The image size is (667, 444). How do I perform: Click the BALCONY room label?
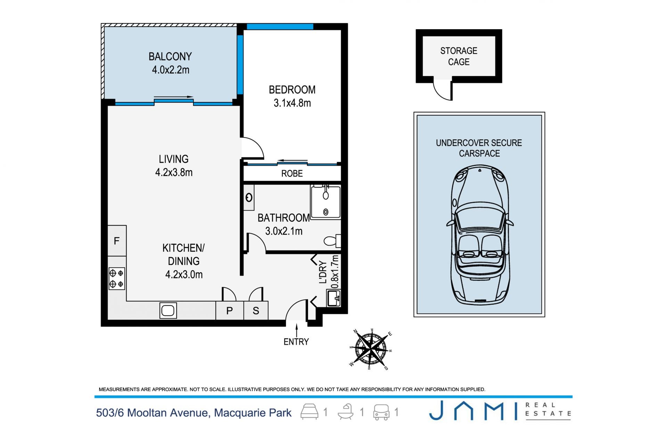click(x=170, y=57)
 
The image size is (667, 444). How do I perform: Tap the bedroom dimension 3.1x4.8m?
click(x=292, y=103)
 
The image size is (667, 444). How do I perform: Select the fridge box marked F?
click(x=117, y=241)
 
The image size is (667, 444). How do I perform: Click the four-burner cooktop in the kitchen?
click(x=117, y=278)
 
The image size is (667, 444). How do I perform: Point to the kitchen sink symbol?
click(x=168, y=311)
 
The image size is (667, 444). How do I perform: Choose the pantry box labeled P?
click(x=230, y=310)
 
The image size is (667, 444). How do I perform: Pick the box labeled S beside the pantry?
click(x=256, y=310)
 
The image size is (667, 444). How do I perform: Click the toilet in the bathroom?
click(x=332, y=241)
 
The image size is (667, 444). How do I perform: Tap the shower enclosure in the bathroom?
click(x=326, y=202)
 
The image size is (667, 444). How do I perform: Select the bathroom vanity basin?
click(x=249, y=198)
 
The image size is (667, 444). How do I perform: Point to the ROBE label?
click(x=292, y=174)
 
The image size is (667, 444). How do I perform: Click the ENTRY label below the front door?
click(x=296, y=342)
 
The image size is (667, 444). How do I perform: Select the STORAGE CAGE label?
click(x=459, y=56)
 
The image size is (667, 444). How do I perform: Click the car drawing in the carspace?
click(x=480, y=235)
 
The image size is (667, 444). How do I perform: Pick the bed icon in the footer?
click(x=309, y=412)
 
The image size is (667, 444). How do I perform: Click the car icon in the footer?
click(x=381, y=412)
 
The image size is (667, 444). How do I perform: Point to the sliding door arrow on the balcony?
click(x=173, y=97)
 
